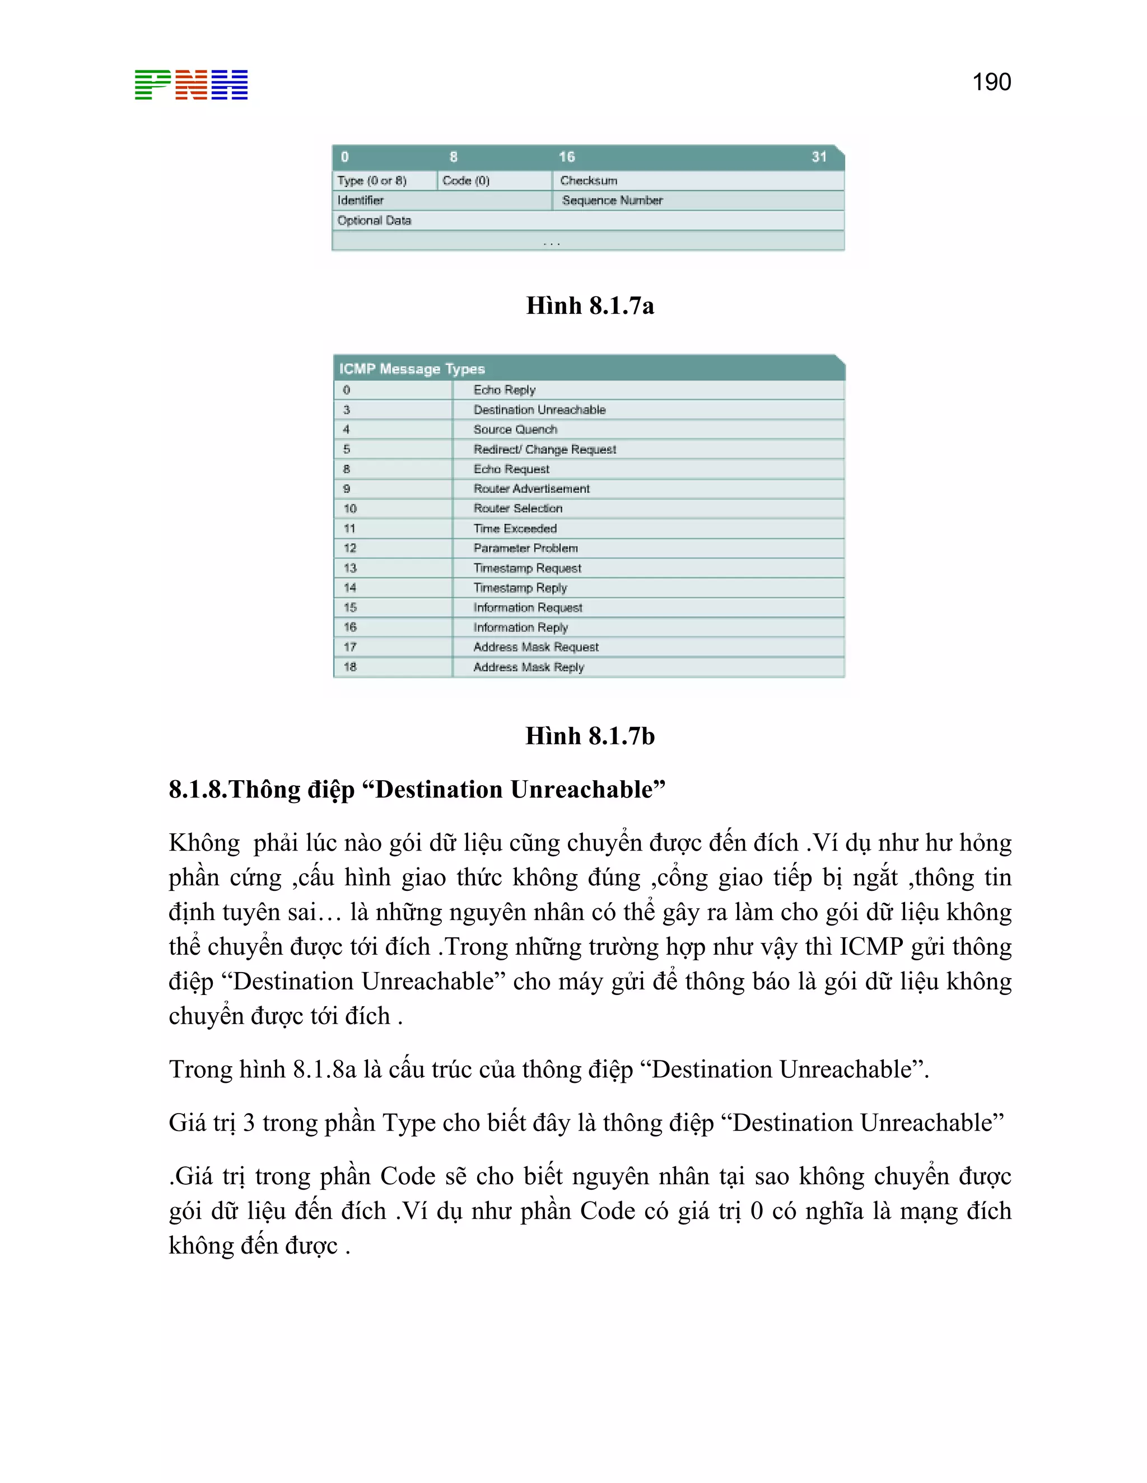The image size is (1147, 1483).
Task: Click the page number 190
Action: pos(991,82)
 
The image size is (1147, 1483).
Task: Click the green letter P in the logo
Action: pos(153,85)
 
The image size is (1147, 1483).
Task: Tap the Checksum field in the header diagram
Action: pos(589,181)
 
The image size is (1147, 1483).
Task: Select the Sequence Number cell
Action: pos(612,200)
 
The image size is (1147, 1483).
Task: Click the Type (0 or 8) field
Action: pos(372,181)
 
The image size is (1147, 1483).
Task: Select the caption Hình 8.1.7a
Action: pos(589,306)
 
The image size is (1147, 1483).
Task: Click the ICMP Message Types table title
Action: pos(412,369)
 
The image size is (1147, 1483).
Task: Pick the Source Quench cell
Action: pos(515,429)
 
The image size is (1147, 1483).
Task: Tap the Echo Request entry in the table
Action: pos(511,469)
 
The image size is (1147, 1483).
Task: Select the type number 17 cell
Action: pos(350,647)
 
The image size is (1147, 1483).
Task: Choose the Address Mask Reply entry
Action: pos(528,667)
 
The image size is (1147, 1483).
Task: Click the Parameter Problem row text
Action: pos(525,548)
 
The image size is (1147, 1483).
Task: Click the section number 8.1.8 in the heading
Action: pos(198,790)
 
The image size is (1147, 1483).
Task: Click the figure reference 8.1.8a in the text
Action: pos(324,1069)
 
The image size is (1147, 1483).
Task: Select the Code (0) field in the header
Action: pos(465,181)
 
